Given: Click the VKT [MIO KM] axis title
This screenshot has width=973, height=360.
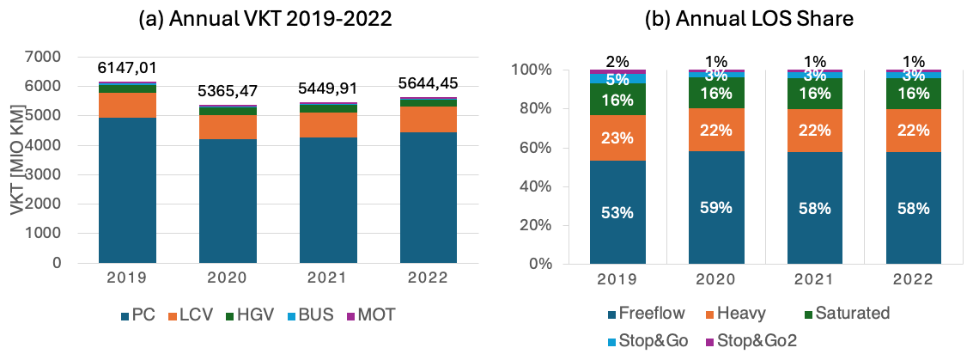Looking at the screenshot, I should (x=18, y=160).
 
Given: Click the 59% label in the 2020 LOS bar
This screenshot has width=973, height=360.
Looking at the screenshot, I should (x=716, y=207).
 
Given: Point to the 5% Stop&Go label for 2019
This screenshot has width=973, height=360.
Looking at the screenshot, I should (x=617, y=78).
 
